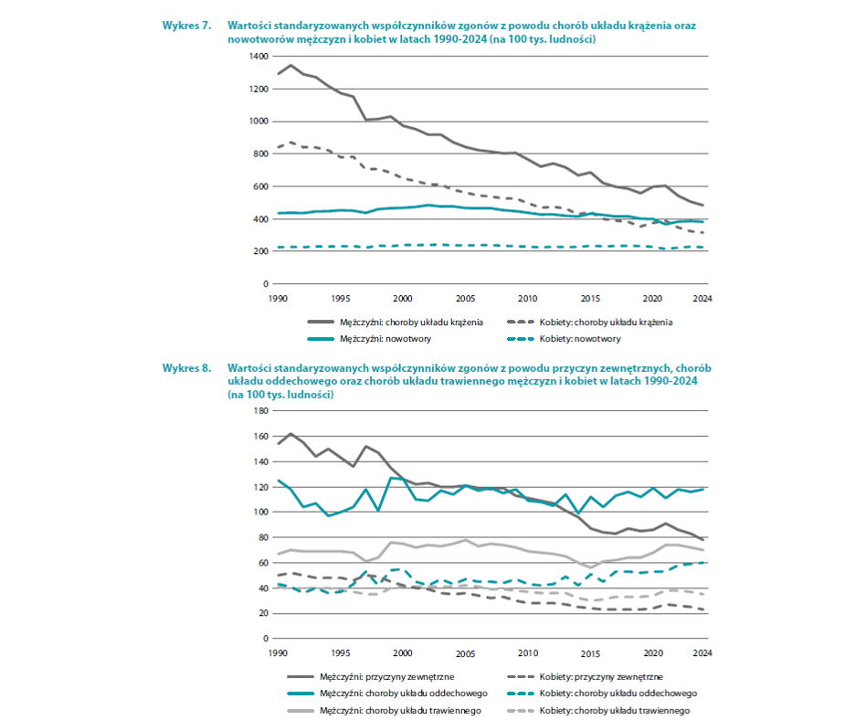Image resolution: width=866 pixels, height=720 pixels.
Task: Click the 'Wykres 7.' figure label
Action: pos(186,26)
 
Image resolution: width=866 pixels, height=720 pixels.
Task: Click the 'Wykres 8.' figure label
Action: pos(186,368)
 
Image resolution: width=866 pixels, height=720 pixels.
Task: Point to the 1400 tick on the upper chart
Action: pos(259,57)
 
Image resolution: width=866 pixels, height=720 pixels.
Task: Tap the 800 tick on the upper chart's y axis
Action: pos(260,154)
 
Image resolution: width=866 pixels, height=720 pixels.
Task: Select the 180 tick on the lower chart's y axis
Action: pos(260,411)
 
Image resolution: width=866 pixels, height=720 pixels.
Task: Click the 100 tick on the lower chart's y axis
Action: pos(260,513)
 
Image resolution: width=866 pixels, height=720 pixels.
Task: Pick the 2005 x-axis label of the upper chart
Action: pos(465,299)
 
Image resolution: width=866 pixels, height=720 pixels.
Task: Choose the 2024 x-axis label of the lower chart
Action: pos(702,653)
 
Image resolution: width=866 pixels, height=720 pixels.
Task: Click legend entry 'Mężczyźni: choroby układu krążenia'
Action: pos(396,323)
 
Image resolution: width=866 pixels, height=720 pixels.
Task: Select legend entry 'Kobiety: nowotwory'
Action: pos(564,339)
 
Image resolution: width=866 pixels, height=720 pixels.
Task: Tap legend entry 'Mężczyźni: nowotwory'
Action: pos(369,339)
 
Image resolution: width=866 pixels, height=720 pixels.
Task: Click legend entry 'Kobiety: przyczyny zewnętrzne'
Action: pos(585,677)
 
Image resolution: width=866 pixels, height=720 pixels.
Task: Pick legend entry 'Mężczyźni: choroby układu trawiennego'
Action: pos(385,711)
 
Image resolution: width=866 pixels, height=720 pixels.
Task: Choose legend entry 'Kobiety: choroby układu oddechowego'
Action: pos(602,694)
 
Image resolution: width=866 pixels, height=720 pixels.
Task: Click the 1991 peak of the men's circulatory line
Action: pos(290,65)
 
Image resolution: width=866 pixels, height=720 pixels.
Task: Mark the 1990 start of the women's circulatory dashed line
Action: pos(279,147)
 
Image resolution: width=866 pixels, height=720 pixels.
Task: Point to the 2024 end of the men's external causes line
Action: pos(702,540)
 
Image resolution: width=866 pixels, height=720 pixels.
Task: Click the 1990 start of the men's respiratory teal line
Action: pos(279,481)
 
